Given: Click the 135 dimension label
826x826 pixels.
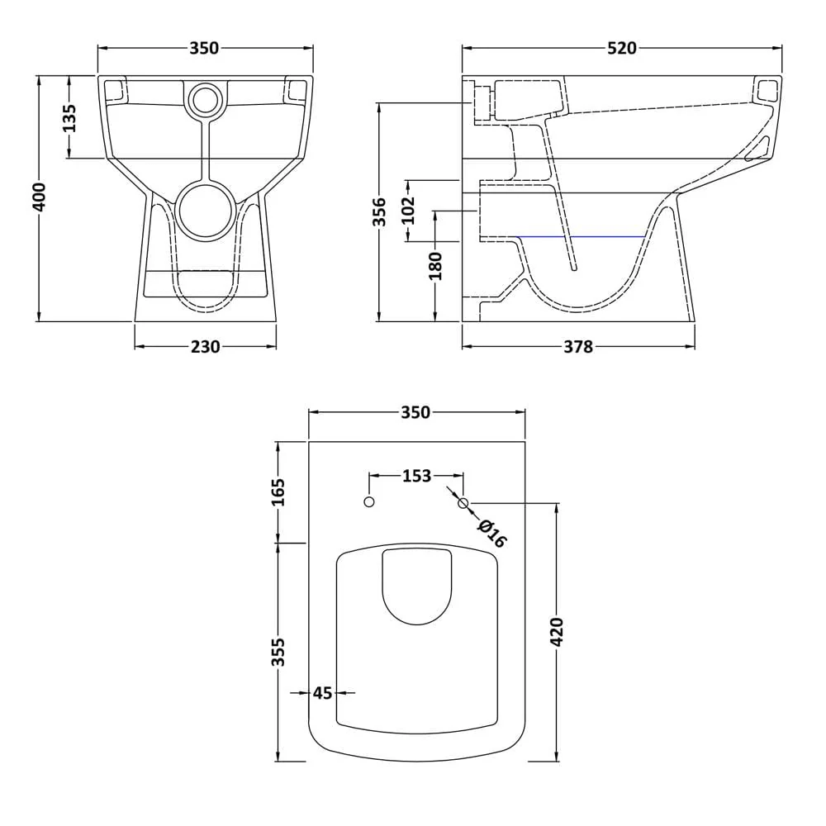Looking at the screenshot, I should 69,117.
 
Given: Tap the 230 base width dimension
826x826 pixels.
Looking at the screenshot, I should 205,347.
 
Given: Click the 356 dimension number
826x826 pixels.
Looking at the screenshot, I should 380,211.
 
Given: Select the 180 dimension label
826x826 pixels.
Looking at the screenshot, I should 436,265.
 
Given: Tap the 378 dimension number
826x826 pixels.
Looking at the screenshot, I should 577,347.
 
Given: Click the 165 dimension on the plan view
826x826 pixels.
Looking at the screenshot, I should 278,492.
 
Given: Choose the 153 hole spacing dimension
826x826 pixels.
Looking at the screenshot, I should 416,476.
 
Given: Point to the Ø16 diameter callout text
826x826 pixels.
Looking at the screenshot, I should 492,533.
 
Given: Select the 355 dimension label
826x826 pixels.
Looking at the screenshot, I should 278,651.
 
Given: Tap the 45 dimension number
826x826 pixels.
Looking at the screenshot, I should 322,693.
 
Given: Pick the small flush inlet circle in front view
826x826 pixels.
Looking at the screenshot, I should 204,100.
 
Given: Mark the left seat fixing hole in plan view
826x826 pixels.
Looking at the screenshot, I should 369,502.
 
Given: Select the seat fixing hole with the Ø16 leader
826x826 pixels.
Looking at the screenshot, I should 463,502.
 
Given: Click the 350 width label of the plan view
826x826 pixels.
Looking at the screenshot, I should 415,412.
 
